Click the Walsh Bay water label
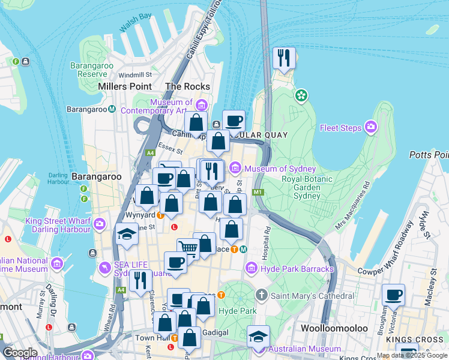pos(136,22)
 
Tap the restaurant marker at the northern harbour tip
pos(284,58)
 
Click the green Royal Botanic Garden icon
pos(301,95)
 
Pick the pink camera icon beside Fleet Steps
pos(371,127)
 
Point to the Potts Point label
pos(429,155)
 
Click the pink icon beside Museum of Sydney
pos(235,167)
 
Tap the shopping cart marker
pos(188,247)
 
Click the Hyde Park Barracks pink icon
pos(253,269)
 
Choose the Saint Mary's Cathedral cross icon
pos(261,296)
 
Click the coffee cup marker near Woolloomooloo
pos(394,295)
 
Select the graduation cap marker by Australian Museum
pos(258,336)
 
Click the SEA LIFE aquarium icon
pos(106,266)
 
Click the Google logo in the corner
pos(20,352)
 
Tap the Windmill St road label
pos(135,75)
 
